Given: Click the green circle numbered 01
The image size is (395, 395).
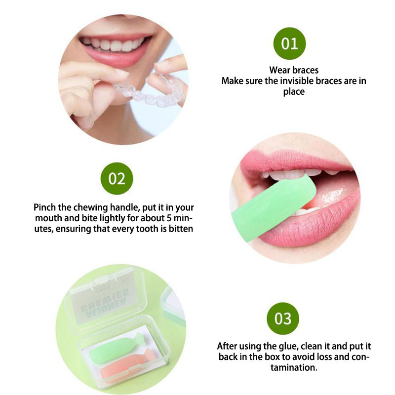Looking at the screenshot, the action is point(289,43).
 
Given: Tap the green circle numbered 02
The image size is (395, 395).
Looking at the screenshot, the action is point(117,178).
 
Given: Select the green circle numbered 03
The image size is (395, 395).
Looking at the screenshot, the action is point(283,318).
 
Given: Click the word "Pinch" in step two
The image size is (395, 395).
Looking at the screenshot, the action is point(44,207).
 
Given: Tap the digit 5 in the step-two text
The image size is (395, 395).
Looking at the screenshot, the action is point(169,218).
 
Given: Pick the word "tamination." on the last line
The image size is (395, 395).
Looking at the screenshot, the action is point(294,367).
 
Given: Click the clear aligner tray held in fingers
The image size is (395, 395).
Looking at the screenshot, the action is point(149,89).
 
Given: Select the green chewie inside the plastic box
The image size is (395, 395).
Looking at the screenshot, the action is point(117,348).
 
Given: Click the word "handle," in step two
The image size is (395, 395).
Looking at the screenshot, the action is point(125,207).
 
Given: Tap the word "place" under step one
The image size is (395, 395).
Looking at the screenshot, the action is point(294,92).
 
